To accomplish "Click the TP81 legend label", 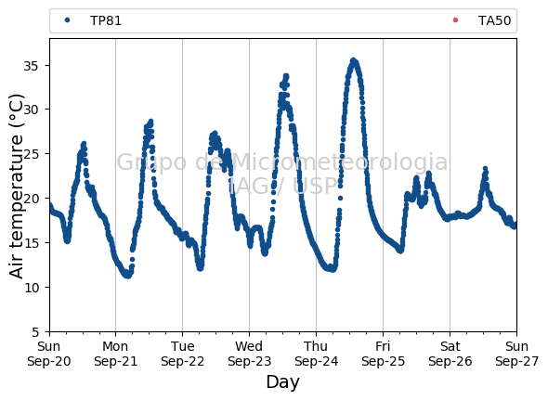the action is coord(106,20).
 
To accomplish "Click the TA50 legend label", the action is coord(494,20).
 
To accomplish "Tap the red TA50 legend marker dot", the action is coord(455,20).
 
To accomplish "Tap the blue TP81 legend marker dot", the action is coord(68,20).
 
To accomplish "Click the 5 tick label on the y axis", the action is coord(35,332).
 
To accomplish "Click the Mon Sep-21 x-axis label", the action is coord(116,354).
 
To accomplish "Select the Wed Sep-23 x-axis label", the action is coord(249,354).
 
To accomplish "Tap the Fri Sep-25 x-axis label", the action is coord(383,354).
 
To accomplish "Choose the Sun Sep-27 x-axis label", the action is coord(517,354).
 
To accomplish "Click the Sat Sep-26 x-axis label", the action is coord(450,354).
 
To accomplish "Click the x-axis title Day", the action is coord(282,381).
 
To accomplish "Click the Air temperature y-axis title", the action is coord(16,187).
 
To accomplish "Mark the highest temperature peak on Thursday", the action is coord(353,60).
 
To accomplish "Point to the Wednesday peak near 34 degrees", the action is coord(286,75).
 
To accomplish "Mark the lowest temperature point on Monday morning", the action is coord(127,276).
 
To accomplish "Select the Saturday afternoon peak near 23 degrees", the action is coord(485,169).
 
